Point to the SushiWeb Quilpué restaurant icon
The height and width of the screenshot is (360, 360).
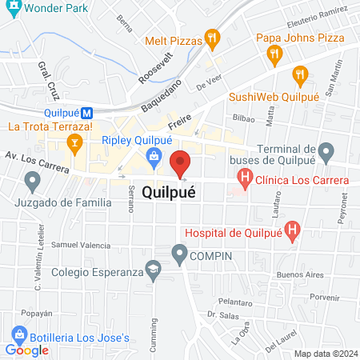point(300,76)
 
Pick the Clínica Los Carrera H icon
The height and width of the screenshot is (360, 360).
point(246,179)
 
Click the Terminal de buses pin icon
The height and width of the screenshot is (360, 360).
point(326,150)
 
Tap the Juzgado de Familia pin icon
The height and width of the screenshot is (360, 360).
point(33,183)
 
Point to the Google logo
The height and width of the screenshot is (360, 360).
point(27,350)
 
